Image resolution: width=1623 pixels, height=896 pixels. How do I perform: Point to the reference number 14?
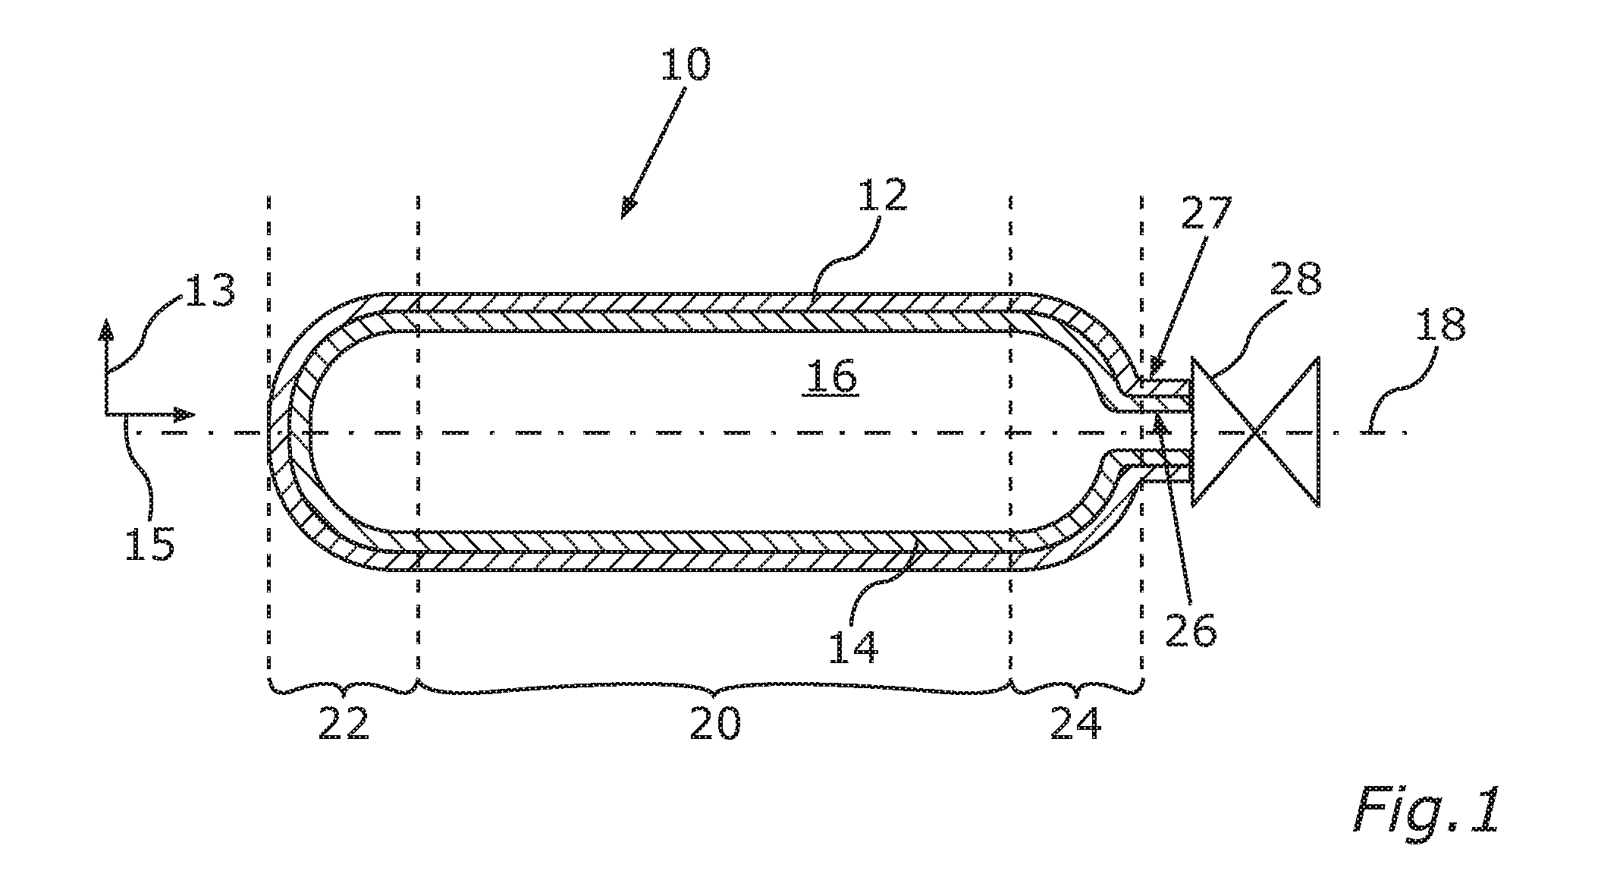[x=852, y=646]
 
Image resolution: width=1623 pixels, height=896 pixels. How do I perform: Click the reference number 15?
[x=150, y=543]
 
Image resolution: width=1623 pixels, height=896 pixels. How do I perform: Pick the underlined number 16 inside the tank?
[x=833, y=376]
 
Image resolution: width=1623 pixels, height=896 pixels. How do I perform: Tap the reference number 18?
[x=1440, y=324]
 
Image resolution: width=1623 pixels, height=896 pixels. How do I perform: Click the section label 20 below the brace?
[x=714, y=725]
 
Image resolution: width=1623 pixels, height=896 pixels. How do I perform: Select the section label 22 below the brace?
[x=344, y=725]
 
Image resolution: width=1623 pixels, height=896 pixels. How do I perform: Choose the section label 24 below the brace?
[x=1076, y=725]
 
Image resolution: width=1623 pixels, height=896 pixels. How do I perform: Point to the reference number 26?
[x=1191, y=630]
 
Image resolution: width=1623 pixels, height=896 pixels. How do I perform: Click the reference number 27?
[x=1207, y=213]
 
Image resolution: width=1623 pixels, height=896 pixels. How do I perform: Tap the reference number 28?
[x=1298, y=279]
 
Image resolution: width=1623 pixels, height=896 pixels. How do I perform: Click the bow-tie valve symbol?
[x=1256, y=432]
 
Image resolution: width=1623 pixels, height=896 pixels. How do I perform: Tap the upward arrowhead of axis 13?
[x=107, y=330]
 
